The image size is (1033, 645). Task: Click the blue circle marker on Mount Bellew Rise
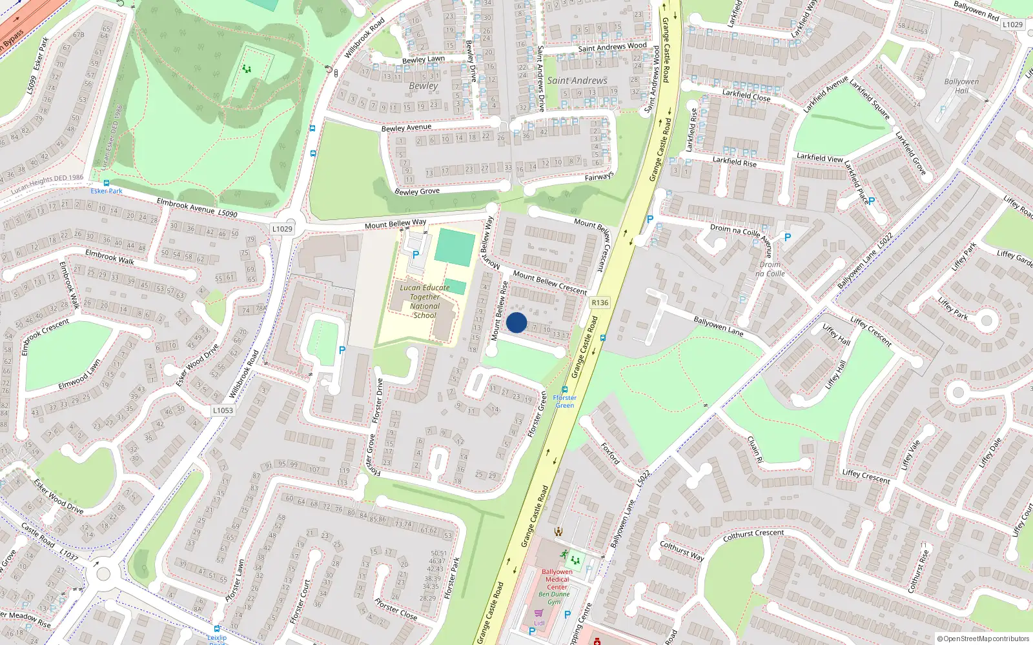[x=516, y=322]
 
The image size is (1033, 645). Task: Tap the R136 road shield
[x=600, y=303]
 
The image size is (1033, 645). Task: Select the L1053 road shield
[x=223, y=410]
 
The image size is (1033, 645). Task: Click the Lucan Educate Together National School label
[x=424, y=301]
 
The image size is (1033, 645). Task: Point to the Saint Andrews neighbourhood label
[x=577, y=81]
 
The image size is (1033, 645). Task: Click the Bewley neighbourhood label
[x=423, y=86]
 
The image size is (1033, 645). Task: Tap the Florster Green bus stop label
[x=564, y=401]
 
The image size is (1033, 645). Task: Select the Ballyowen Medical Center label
[x=557, y=579]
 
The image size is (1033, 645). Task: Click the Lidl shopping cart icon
[x=538, y=613]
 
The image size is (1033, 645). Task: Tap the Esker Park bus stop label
[x=107, y=191]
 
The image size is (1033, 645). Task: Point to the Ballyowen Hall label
[x=961, y=86]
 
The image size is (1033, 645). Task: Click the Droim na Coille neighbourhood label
[x=770, y=269]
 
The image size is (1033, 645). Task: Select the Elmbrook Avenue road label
[x=186, y=205]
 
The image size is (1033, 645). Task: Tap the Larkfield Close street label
[x=746, y=95]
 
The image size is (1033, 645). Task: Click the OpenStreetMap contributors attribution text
[x=986, y=639]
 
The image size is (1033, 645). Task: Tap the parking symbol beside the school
[x=416, y=255]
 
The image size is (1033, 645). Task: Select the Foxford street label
[x=610, y=453]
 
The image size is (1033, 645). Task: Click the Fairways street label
[x=599, y=177]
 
